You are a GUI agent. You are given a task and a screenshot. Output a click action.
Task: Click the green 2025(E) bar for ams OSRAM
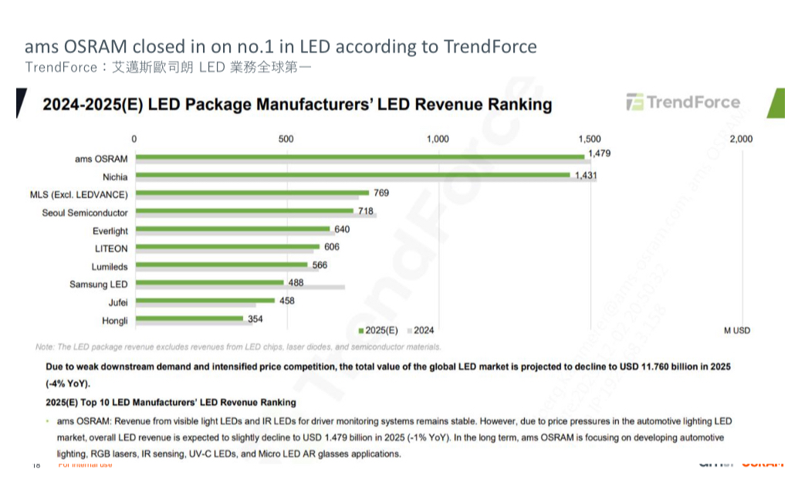pyautogui.click(x=360, y=157)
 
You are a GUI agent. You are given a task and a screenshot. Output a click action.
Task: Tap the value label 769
pyautogui.click(x=381, y=193)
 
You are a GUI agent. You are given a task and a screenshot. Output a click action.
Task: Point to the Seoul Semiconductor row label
pyautogui.click(x=85, y=213)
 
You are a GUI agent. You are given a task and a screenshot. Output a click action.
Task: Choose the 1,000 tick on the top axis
pyautogui.click(x=438, y=139)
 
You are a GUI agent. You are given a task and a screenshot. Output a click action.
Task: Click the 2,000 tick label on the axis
pyautogui.click(x=740, y=139)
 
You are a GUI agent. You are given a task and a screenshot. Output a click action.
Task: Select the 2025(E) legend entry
pyautogui.click(x=378, y=330)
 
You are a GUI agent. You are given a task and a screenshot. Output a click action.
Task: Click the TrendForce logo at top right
pyautogui.click(x=683, y=103)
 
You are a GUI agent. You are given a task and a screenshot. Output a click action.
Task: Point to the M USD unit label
pyautogui.click(x=737, y=330)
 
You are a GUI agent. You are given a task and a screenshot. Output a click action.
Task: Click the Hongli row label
pyautogui.click(x=115, y=320)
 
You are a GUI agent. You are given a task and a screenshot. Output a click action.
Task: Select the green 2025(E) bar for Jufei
pyautogui.click(x=205, y=300)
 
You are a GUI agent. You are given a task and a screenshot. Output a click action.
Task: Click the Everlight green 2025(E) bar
pyautogui.click(x=232, y=228)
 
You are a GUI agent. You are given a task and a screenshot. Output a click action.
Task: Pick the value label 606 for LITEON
pyautogui.click(x=332, y=247)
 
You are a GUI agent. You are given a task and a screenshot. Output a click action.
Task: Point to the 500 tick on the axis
pyautogui.click(x=286, y=139)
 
